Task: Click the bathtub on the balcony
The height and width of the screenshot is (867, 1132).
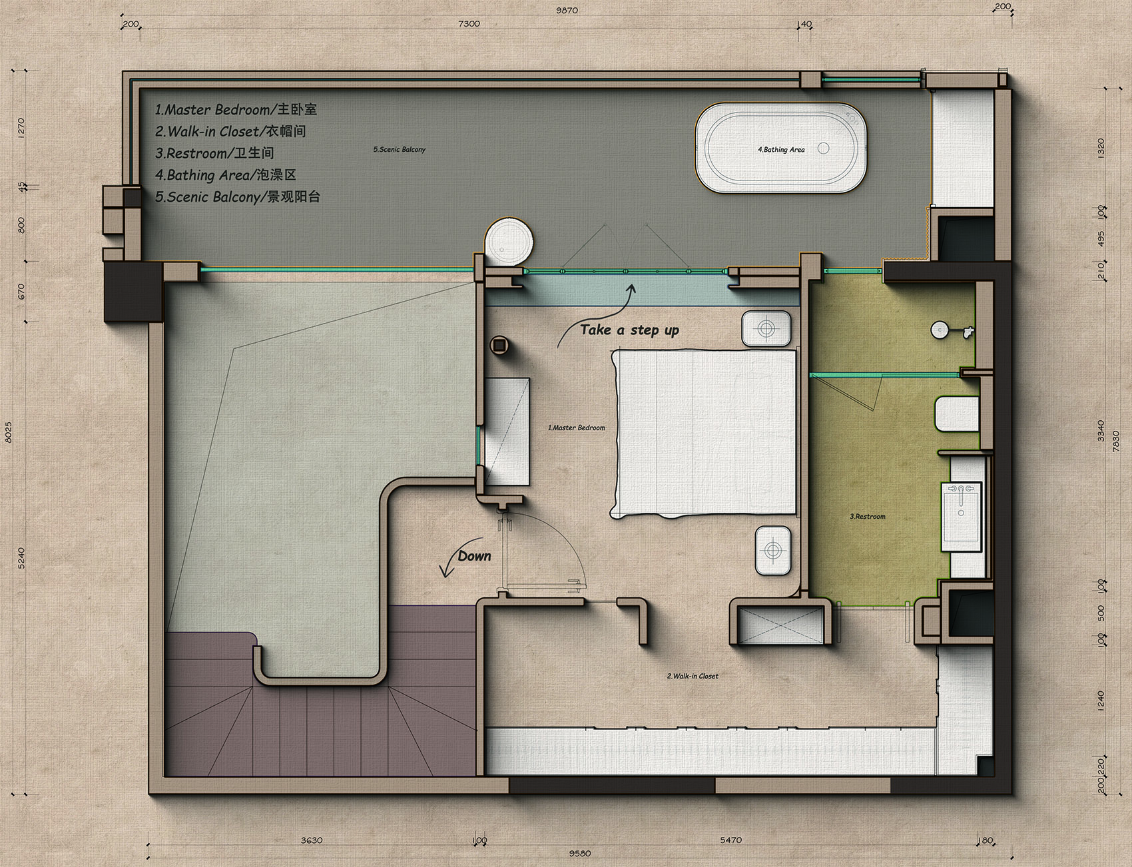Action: click(x=781, y=148)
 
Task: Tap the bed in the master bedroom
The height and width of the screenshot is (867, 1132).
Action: click(x=704, y=433)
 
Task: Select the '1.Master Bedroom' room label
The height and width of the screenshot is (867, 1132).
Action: click(x=577, y=428)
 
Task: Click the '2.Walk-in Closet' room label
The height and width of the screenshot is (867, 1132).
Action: click(x=693, y=676)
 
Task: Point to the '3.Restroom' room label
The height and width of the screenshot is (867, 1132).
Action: click(x=868, y=516)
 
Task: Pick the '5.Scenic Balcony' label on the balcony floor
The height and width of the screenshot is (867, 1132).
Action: click(x=400, y=149)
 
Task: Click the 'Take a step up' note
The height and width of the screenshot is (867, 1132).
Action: click(x=629, y=330)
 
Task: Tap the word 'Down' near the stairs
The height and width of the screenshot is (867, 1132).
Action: click(x=474, y=556)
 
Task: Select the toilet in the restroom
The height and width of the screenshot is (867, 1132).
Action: click(x=957, y=414)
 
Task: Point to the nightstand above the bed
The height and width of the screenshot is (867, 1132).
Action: click(x=766, y=328)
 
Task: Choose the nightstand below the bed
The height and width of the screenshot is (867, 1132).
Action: click(x=773, y=551)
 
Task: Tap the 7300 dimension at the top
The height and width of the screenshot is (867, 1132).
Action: click(x=469, y=24)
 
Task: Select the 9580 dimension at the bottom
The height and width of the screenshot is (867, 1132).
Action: click(x=580, y=853)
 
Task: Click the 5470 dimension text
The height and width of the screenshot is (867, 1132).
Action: click(x=730, y=840)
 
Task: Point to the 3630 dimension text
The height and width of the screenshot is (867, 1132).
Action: click(x=312, y=840)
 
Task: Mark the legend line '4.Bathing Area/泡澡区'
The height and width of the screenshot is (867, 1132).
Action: click(x=226, y=175)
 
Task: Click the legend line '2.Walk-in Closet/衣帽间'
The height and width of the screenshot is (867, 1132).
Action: click(x=230, y=131)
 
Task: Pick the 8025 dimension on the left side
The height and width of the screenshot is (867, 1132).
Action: click(x=9, y=432)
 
